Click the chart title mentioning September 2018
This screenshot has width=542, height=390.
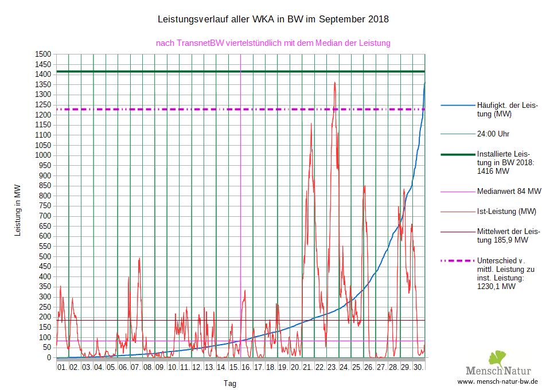point(273,19)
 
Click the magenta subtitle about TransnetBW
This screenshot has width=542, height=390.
point(273,42)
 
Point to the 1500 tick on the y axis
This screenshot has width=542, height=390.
point(44,54)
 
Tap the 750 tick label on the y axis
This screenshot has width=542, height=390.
point(46,205)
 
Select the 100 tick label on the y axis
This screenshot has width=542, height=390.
point(46,337)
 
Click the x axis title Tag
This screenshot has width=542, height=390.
point(229,383)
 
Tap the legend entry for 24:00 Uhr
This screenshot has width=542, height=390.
point(493,134)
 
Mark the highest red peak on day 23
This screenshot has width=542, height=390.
point(334,83)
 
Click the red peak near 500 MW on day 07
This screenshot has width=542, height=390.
point(139,259)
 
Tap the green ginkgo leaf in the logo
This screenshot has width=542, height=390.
point(497,358)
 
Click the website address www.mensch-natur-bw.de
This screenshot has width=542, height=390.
point(498,381)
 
